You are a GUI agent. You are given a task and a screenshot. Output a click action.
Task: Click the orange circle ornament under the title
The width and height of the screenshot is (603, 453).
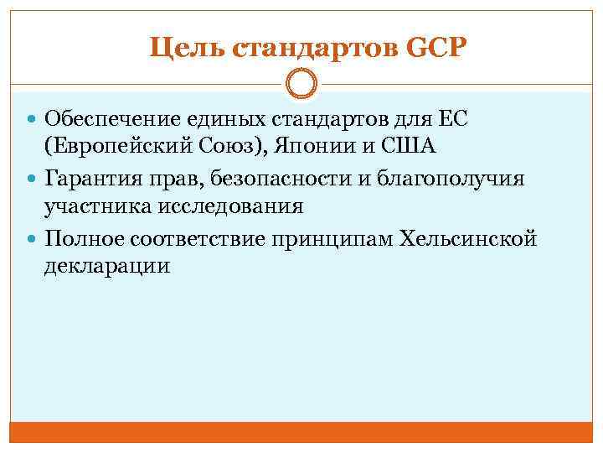(x=301, y=85)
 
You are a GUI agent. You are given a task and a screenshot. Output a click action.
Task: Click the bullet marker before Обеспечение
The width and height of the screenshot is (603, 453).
(x=33, y=119)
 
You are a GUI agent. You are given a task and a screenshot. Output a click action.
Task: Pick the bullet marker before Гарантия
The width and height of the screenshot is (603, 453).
(x=33, y=180)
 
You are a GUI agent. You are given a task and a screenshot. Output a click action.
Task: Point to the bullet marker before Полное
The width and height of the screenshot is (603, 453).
(x=33, y=241)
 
